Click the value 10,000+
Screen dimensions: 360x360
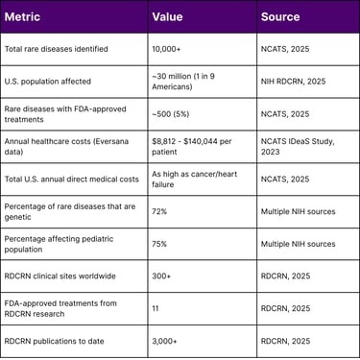point(171,49)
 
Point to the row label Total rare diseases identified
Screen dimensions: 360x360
point(56,49)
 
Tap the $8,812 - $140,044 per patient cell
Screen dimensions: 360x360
point(194,147)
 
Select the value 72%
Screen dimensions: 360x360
point(161,212)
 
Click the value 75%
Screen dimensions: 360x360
point(161,244)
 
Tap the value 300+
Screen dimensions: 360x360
point(164,276)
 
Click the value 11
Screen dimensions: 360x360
point(156,309)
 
